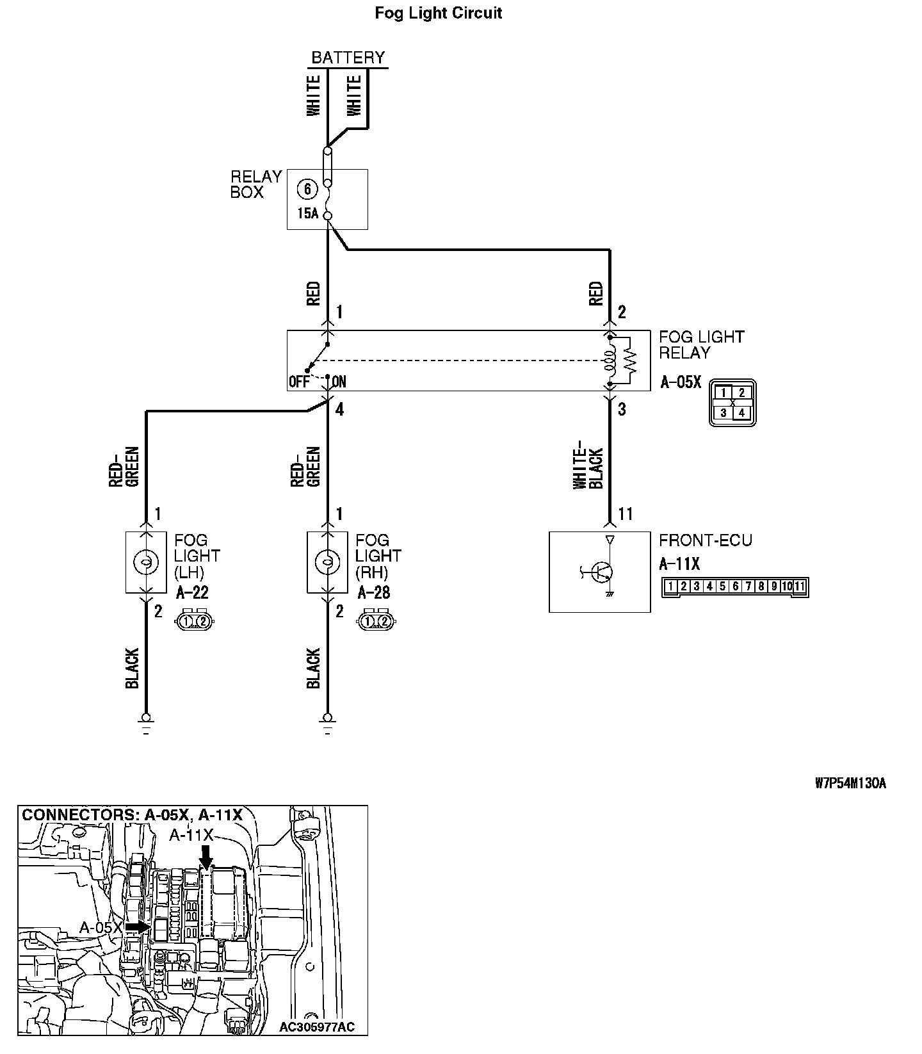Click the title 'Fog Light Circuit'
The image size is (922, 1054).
(x=438, y=13)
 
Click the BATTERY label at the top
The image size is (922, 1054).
(x=348, y=58)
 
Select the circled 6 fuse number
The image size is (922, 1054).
(x=308, y=189)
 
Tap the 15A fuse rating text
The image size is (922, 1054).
(x=307, y=213)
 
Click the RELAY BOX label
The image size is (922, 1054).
(x=255, y=184)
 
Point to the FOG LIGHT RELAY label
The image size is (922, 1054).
(x=701, y=345)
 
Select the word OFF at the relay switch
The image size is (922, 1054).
(x=299, y=382)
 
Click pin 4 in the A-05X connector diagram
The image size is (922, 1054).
(x=741, y=412)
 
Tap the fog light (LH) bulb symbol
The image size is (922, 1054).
(x=146, y=562)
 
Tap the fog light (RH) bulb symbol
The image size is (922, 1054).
(x=327, y=562)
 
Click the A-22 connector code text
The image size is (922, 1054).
(x=192, y=593)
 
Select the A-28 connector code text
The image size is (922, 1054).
(x=373, y=593)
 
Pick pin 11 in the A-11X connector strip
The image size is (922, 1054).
(x=800, y=586)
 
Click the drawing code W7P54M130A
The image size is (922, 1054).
(x=850, y=783)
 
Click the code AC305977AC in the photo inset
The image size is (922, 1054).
(x=316, y=1028)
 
